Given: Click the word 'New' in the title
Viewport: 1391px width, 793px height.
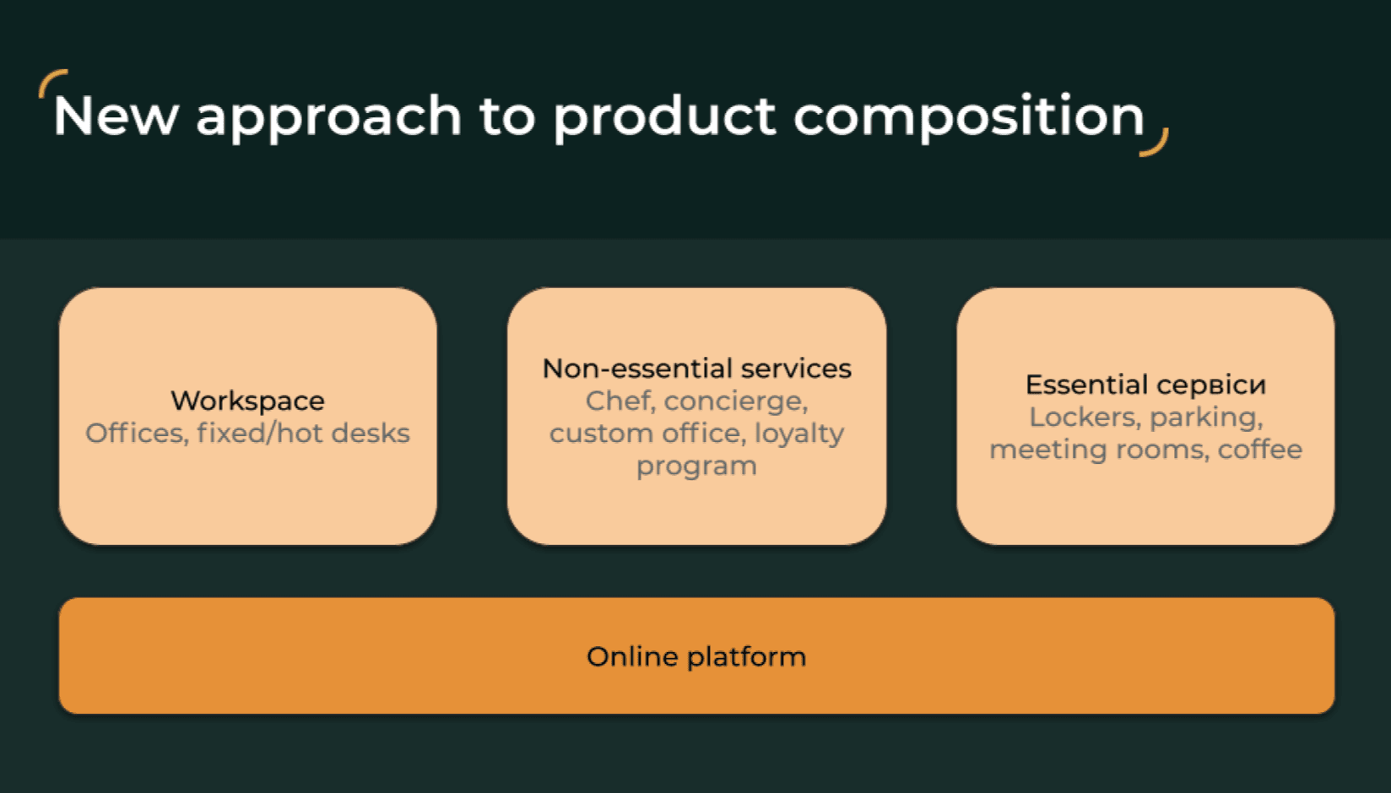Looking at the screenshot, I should [x=116, y=116].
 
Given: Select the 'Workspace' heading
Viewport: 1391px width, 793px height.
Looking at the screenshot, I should [x=247, y=401].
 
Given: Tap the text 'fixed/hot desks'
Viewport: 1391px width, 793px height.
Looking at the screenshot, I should [x=303, y=434].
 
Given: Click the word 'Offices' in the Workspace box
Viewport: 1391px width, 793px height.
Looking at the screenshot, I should [x=135, y=434].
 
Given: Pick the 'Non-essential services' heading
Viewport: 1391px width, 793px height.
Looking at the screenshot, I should [x=696, y=369].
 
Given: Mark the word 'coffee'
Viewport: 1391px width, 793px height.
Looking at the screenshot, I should [x=1259, y=450].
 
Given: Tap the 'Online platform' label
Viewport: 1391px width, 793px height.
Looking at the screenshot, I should [x=696, y=656].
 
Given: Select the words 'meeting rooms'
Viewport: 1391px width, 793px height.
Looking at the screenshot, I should [x=1098, y=450].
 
